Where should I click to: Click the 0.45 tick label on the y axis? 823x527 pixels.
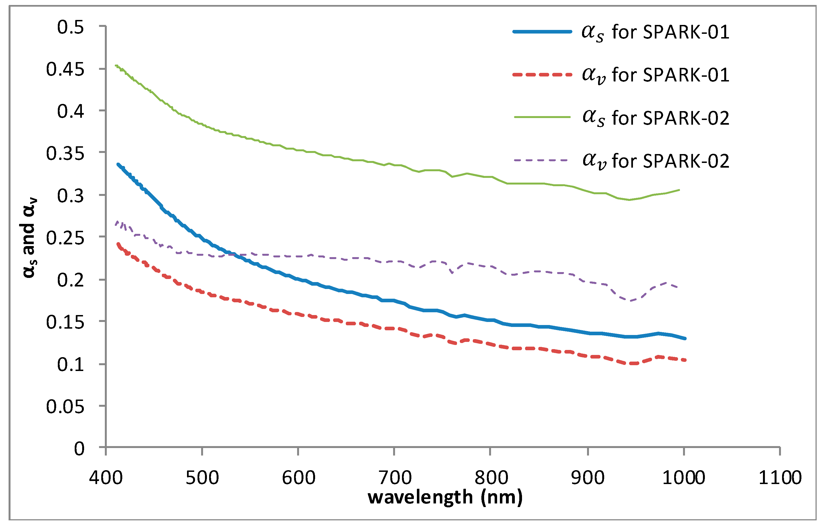tap(65, 70)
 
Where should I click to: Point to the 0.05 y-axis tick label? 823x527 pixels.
tap(65, 407)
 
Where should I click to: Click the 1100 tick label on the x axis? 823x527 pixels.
tap(780, 477)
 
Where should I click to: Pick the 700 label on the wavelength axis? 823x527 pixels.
tap(395, 477)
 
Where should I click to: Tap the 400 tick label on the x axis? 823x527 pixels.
tap(106, 477)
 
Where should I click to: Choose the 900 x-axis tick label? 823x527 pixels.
tap(588, 477)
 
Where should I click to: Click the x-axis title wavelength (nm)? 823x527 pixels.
tap(445, 497)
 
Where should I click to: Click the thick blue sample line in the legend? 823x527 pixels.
tap(542, 32)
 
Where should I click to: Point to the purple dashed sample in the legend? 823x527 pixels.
tap(542, 160)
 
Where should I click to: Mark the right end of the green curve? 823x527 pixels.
tap(679, 190)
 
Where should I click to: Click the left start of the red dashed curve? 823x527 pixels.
tap(118, 244)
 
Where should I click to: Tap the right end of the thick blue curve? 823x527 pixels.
tap(685, 338)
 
